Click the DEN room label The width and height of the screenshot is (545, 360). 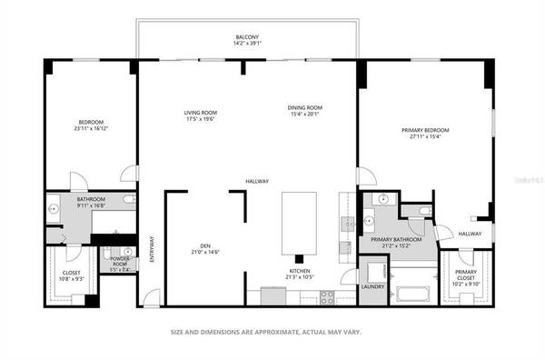pos(205,245)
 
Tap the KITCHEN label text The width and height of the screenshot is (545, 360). pos(301,271)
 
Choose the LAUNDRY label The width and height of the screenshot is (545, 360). pos(372,287)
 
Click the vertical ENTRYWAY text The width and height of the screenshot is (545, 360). pos(152,250)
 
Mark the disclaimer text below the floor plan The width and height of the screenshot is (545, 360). pos(265,333)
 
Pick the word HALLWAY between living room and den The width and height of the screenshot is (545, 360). pos(256,182)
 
